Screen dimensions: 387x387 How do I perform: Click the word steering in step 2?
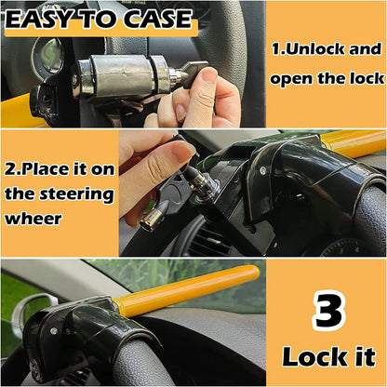click(81, 195)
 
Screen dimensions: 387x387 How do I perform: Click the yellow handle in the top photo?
click(19, 109)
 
